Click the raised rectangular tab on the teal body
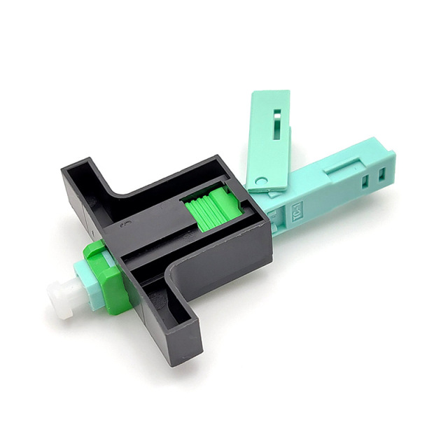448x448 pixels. (x=344, y=166)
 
